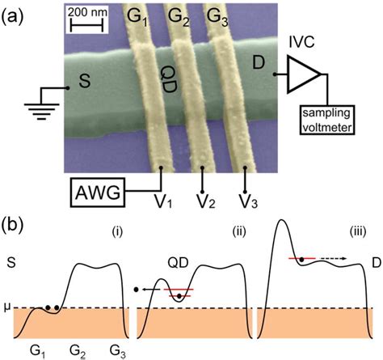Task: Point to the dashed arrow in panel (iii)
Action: pos(322,260)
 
